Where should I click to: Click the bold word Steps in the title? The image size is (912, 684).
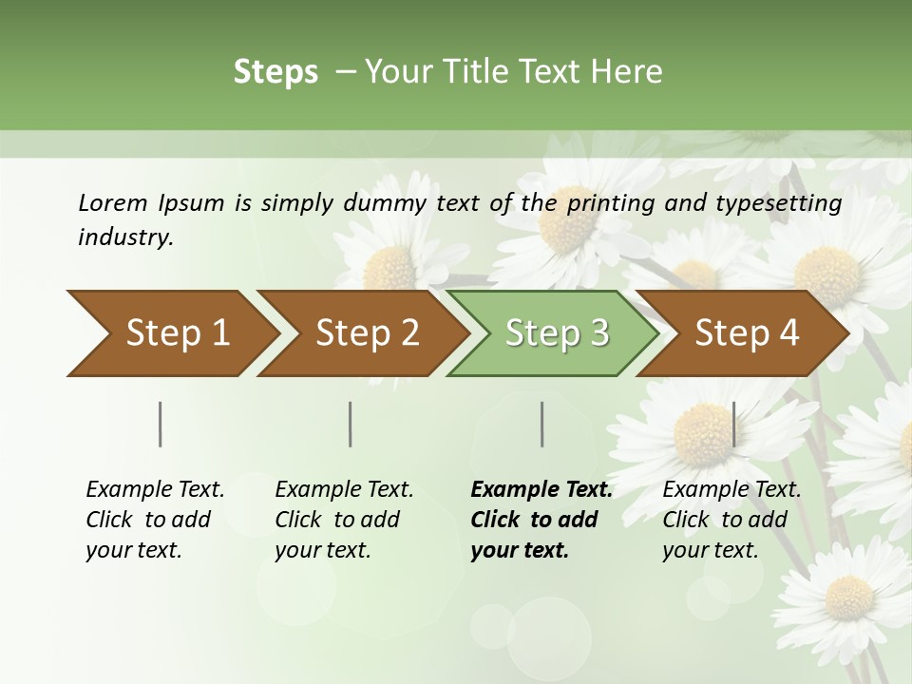click(x=275, y=72)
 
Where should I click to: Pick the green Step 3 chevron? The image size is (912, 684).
click(x=557, y=332)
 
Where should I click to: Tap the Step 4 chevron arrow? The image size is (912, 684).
click(x=747, y=332)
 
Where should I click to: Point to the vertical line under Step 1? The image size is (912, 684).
click(x=161, y=424)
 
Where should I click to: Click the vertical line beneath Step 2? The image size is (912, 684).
click(x=351, y=424)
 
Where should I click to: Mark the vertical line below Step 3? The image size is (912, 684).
click(x=541, y=424)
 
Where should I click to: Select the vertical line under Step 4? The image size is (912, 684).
click(x=733, y=424)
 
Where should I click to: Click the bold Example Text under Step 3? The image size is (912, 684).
click(x=541, y=489)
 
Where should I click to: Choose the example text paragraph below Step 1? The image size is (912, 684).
click(x=154, y=520)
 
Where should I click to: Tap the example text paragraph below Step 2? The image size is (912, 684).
click(x=343, y=520)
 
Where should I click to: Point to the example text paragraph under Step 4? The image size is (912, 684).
click(x=731, y=520)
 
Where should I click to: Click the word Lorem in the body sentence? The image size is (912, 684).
click(x=113, y=202)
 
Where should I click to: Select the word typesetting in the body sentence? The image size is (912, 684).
click(x=782, y=202)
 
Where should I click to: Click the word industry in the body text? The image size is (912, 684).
click(x=124, y=237)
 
